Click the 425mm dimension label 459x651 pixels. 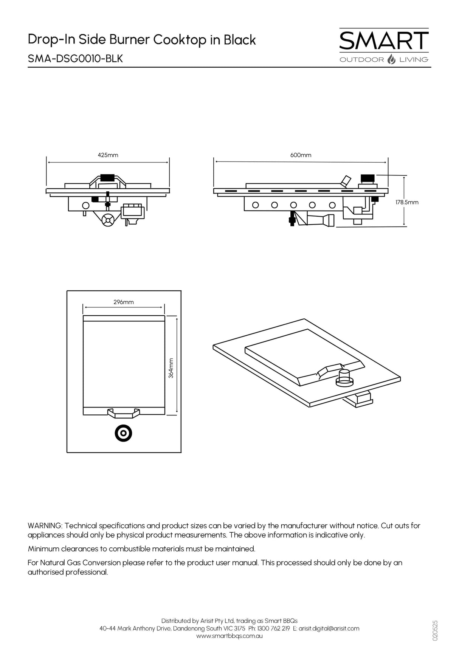coord(108,155)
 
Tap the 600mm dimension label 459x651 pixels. coord(301,155)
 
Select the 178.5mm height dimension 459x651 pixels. coord(407,202)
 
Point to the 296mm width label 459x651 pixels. coord(124,302)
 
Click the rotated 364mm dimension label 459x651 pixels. coord(171,368)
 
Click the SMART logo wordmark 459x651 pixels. coord(384,40)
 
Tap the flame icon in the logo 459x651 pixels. coord(392,59)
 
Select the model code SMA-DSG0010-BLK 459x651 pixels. coord(75,59)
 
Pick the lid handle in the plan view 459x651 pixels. coord(124,413)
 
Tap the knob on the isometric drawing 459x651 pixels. coord(344,377)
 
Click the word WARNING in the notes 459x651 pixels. coord(45,525)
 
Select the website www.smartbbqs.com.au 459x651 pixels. coord(229,636)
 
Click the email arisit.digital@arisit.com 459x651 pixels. coord(329,628)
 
